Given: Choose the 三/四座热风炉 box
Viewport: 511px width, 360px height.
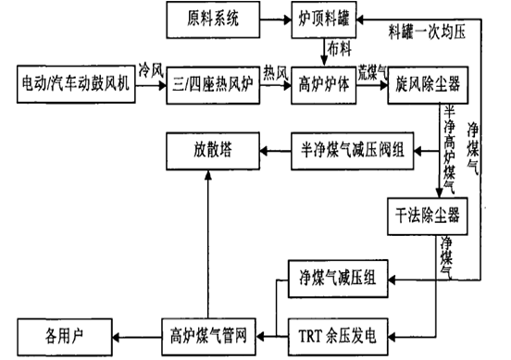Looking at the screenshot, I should tap(212, 84).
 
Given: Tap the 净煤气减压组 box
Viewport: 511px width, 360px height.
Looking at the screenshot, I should tap(339, 278).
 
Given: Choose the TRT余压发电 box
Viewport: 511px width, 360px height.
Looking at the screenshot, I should tap(339, 330).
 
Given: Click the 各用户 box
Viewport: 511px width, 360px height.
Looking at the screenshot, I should tap(63, 330).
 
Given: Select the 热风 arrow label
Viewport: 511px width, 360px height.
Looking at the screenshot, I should tap(275, 71).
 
